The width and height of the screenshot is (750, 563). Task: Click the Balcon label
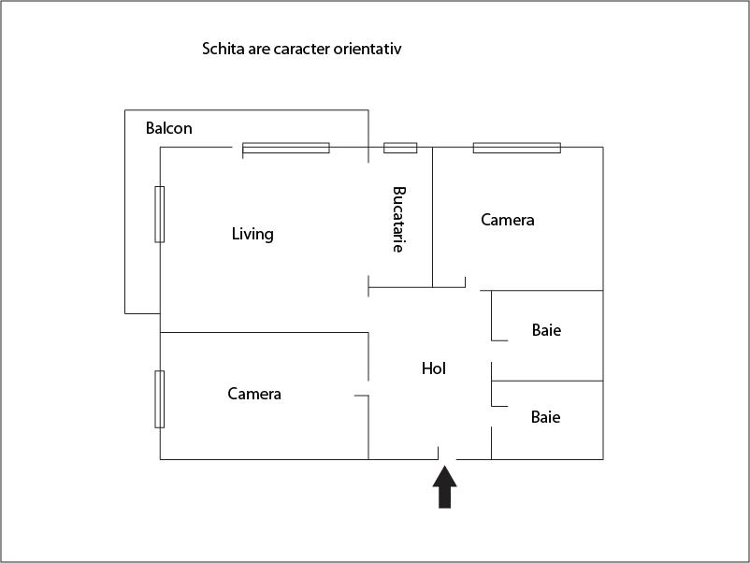click(x=169, y=128)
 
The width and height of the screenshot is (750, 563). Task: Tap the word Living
click(x=252, y=234)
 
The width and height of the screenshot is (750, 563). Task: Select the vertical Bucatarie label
click(x=399, y=220)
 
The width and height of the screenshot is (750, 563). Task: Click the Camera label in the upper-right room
click(x=508, y=220)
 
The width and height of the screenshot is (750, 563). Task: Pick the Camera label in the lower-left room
click(x=254, y=394)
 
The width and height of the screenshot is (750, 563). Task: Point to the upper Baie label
click(x=546, y=330)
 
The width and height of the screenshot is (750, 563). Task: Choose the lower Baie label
click(x=546, y=417)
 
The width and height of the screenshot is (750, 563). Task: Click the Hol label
click(x=434, y=368)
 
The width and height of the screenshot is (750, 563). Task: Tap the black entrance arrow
click(x=445, y=487)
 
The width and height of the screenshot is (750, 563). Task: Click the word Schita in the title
click(x=223, y=48)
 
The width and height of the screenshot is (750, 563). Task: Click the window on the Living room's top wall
click(x=286, y=148)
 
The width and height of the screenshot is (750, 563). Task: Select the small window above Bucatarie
click(x=400, y=148)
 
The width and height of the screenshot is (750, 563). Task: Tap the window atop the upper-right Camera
click(x=516, y=148)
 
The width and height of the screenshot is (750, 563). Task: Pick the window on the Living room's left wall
click(x=160, y=214)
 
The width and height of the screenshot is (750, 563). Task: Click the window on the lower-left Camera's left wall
click(x=160, y=399)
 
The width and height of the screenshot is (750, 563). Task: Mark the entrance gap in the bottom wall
click(x=447, y=459)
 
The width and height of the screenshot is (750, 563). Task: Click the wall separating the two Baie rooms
click(x=547, y=381)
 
